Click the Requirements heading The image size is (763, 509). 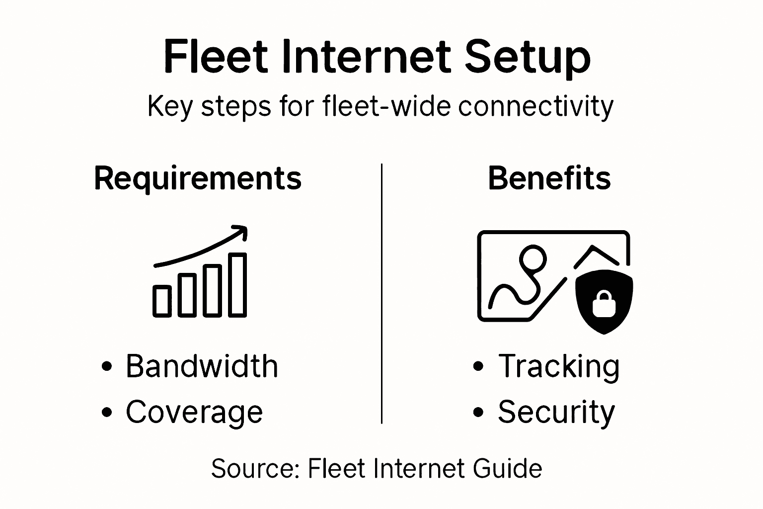[x=198, y=178]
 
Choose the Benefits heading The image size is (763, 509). [x=549, y=178]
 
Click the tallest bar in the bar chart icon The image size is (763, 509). [x=238, y=285]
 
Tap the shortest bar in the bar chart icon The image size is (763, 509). [x=162, y=301]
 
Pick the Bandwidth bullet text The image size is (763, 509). [x=202, y=366]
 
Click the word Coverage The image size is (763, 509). [x=194, y=412]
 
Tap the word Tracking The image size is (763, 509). [x=559, y=366]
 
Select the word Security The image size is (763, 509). [x=556, y=412]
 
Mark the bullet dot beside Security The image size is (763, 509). [x=478, y=412]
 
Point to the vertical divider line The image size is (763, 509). [x=381, y=293]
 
